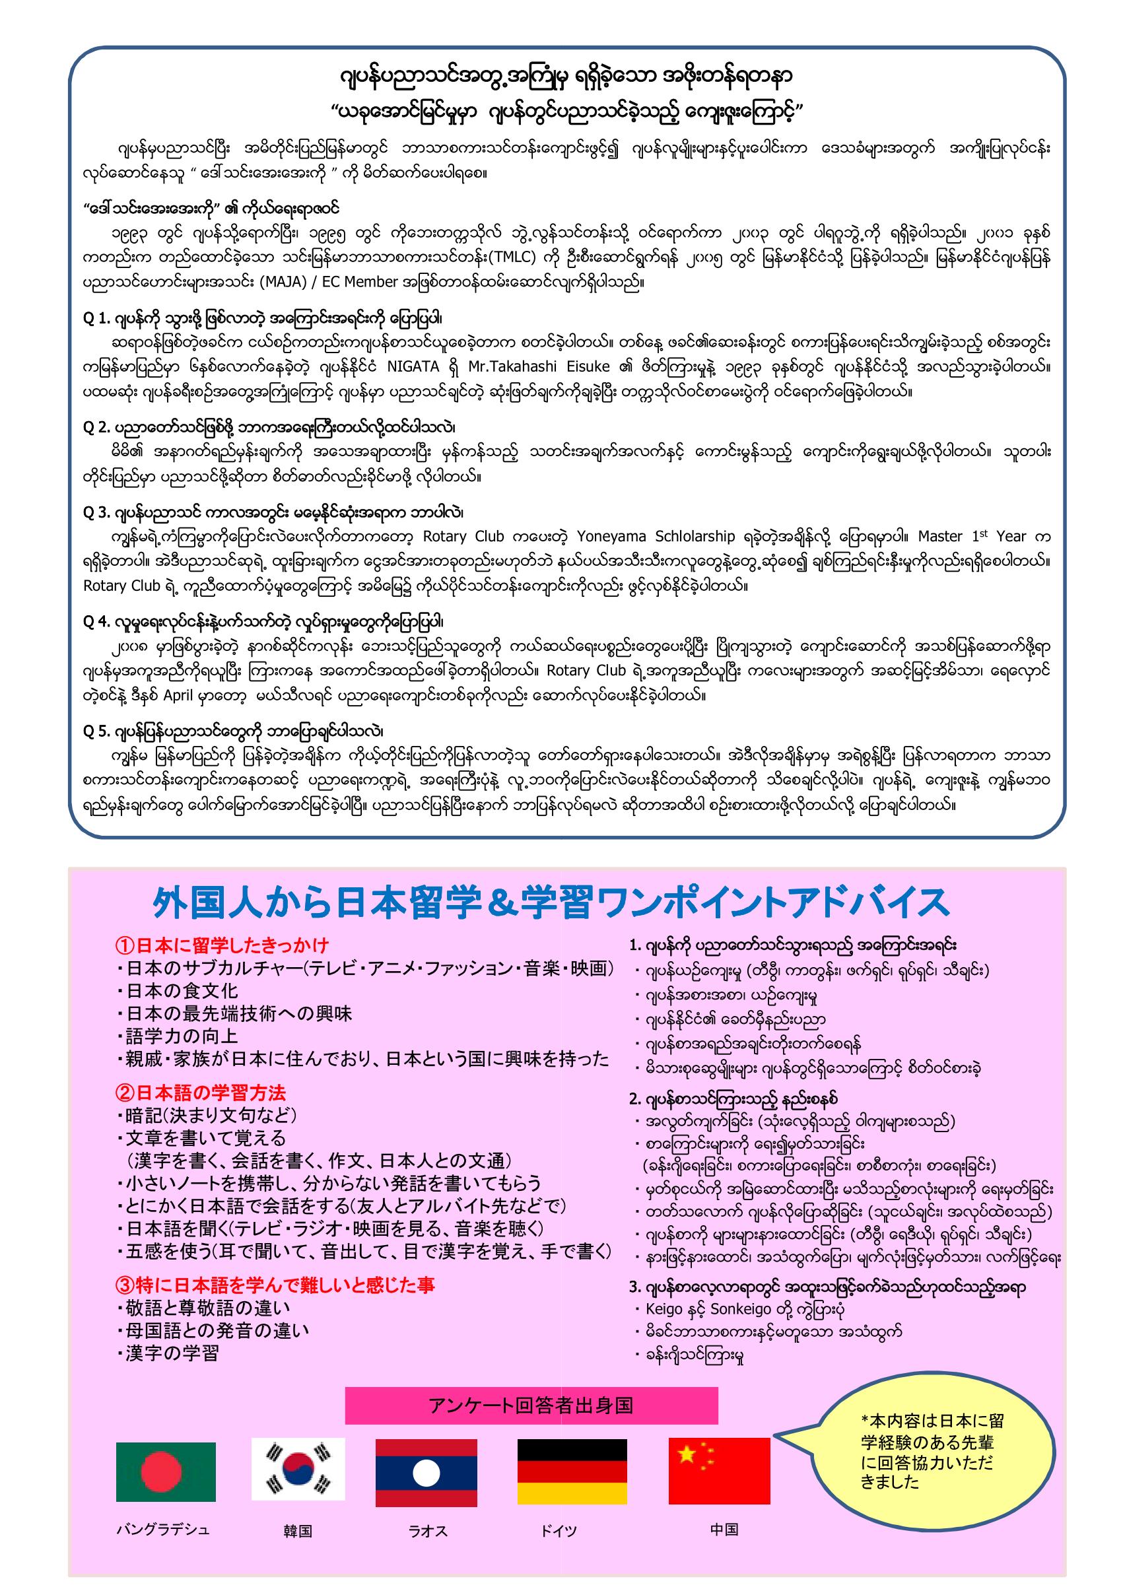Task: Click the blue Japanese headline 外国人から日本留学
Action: click(550, 903)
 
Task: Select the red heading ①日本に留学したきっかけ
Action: click(222, 945)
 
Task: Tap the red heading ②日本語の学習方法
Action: click(201, 1093)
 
